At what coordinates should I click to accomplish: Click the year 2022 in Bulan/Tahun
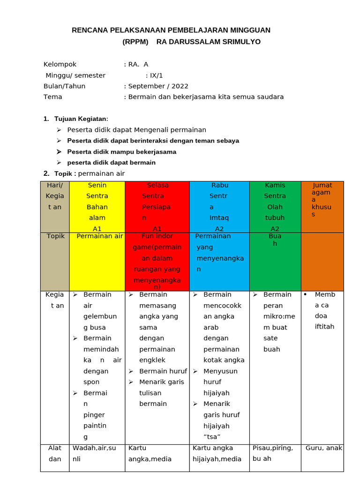[180, 86]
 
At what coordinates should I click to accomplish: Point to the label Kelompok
[60, 65]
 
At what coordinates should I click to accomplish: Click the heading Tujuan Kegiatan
[81, 119]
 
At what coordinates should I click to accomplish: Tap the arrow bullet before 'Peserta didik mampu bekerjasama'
[59, 152]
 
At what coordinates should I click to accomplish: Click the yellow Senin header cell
[97, 207]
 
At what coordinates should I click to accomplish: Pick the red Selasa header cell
[157, 207]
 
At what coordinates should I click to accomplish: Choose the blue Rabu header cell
[219, 207]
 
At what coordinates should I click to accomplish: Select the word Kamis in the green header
[275, 185]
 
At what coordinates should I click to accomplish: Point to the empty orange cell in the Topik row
[322, 261]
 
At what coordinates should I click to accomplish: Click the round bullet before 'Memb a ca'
[305, 294]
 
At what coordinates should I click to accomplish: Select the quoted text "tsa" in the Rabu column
[213, 437]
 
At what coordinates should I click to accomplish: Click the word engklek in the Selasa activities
[152, 360]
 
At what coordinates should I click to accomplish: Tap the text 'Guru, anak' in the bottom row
[324, 448]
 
